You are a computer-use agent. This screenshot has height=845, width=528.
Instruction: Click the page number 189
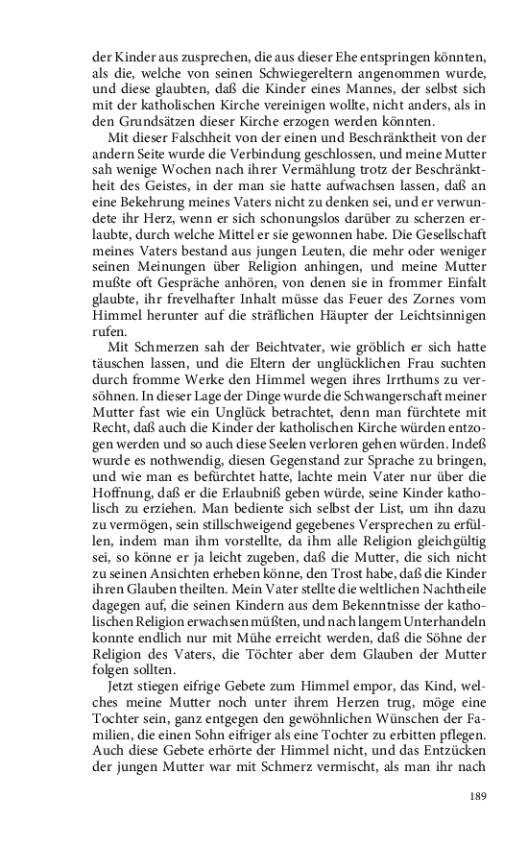(x=481, y=794)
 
